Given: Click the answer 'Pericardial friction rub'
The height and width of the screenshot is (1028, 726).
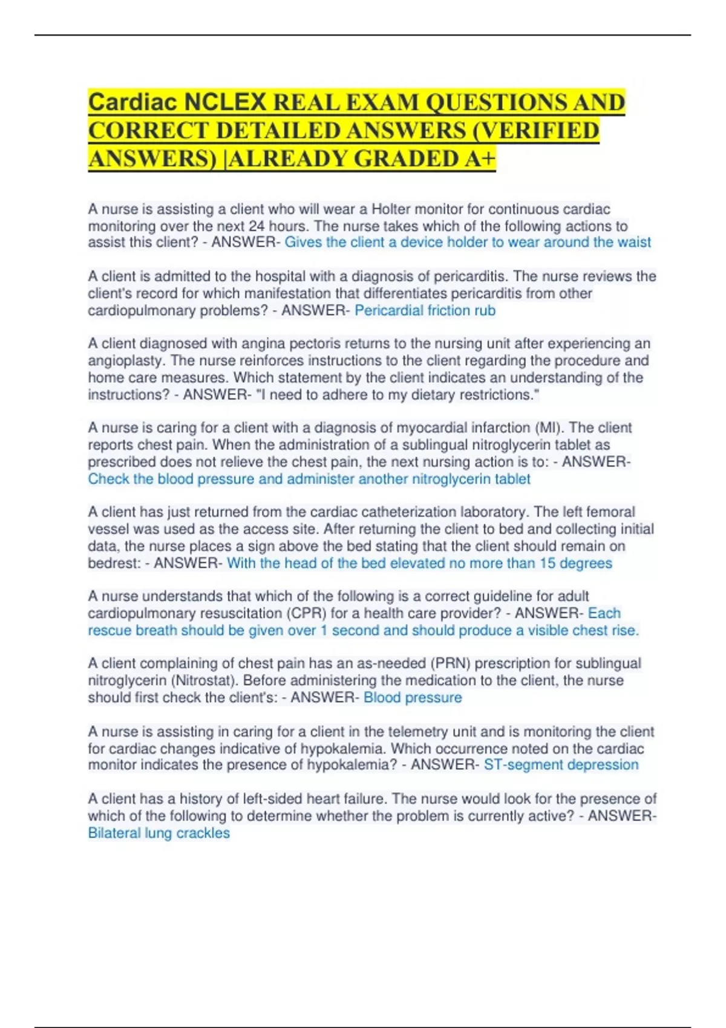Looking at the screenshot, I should [x=425, y=311].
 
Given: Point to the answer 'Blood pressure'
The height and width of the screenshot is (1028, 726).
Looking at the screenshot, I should [x=413, y=698].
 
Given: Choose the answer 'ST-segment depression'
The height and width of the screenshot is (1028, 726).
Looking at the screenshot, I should [x=561, y=765].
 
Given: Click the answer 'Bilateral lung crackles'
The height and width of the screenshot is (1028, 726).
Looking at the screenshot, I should [x=159, y=833].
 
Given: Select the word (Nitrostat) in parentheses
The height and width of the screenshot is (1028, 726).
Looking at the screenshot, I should [x=124, y=681].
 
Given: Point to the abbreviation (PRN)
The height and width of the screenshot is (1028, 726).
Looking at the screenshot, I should [x=451, y=663].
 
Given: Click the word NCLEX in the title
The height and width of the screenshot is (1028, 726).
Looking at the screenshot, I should [x=225, y=102].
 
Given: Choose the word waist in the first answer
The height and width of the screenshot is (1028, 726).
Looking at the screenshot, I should [x=634, y=242].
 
